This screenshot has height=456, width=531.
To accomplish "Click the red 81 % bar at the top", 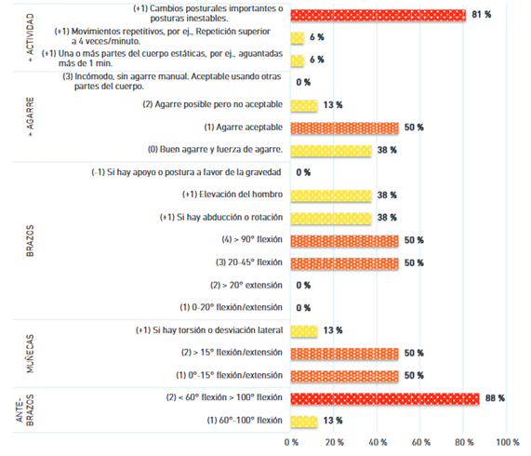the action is (378, 15).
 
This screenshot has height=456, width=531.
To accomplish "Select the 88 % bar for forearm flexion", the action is (385, 398).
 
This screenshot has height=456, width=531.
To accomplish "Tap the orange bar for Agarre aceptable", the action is (345, 127).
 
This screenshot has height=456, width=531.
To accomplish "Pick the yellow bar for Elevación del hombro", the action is (331, 195).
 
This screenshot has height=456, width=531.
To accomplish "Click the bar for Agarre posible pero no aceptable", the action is (304, 105).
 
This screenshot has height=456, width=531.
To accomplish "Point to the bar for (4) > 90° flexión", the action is (345, 240).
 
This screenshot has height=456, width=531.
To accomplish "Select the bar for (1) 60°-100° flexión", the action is (304, 422).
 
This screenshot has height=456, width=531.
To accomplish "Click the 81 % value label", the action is (481, 15).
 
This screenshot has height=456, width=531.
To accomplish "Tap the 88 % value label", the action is (495, 398).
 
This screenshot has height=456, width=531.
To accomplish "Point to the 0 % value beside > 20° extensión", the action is (303, 286).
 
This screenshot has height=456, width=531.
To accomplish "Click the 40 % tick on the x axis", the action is (378, 442).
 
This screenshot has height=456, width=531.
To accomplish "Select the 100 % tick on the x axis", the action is (508, 442).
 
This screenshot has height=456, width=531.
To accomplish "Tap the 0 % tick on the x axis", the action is (291, 442).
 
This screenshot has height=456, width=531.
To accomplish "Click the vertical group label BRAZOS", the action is (30, 240).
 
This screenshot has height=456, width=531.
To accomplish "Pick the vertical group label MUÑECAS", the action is (30, 354).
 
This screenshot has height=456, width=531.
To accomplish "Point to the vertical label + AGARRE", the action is (30, 116).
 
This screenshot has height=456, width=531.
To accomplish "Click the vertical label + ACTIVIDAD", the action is (30, 37).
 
